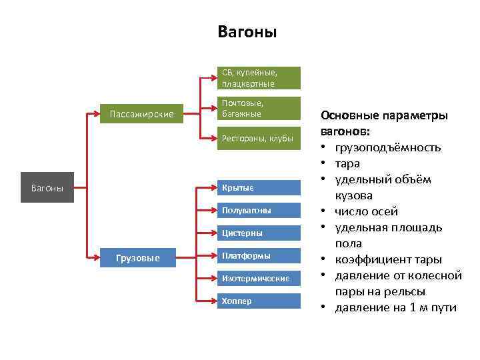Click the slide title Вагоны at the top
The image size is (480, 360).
coord(247,32)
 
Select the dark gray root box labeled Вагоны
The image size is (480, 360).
coord(47,188)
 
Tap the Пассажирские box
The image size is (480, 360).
coord(141,115)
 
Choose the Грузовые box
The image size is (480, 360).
coord(138,257)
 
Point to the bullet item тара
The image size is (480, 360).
coord(347,163)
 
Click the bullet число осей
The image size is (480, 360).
coord(366,211)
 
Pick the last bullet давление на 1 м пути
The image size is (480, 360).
coord(396,307)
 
